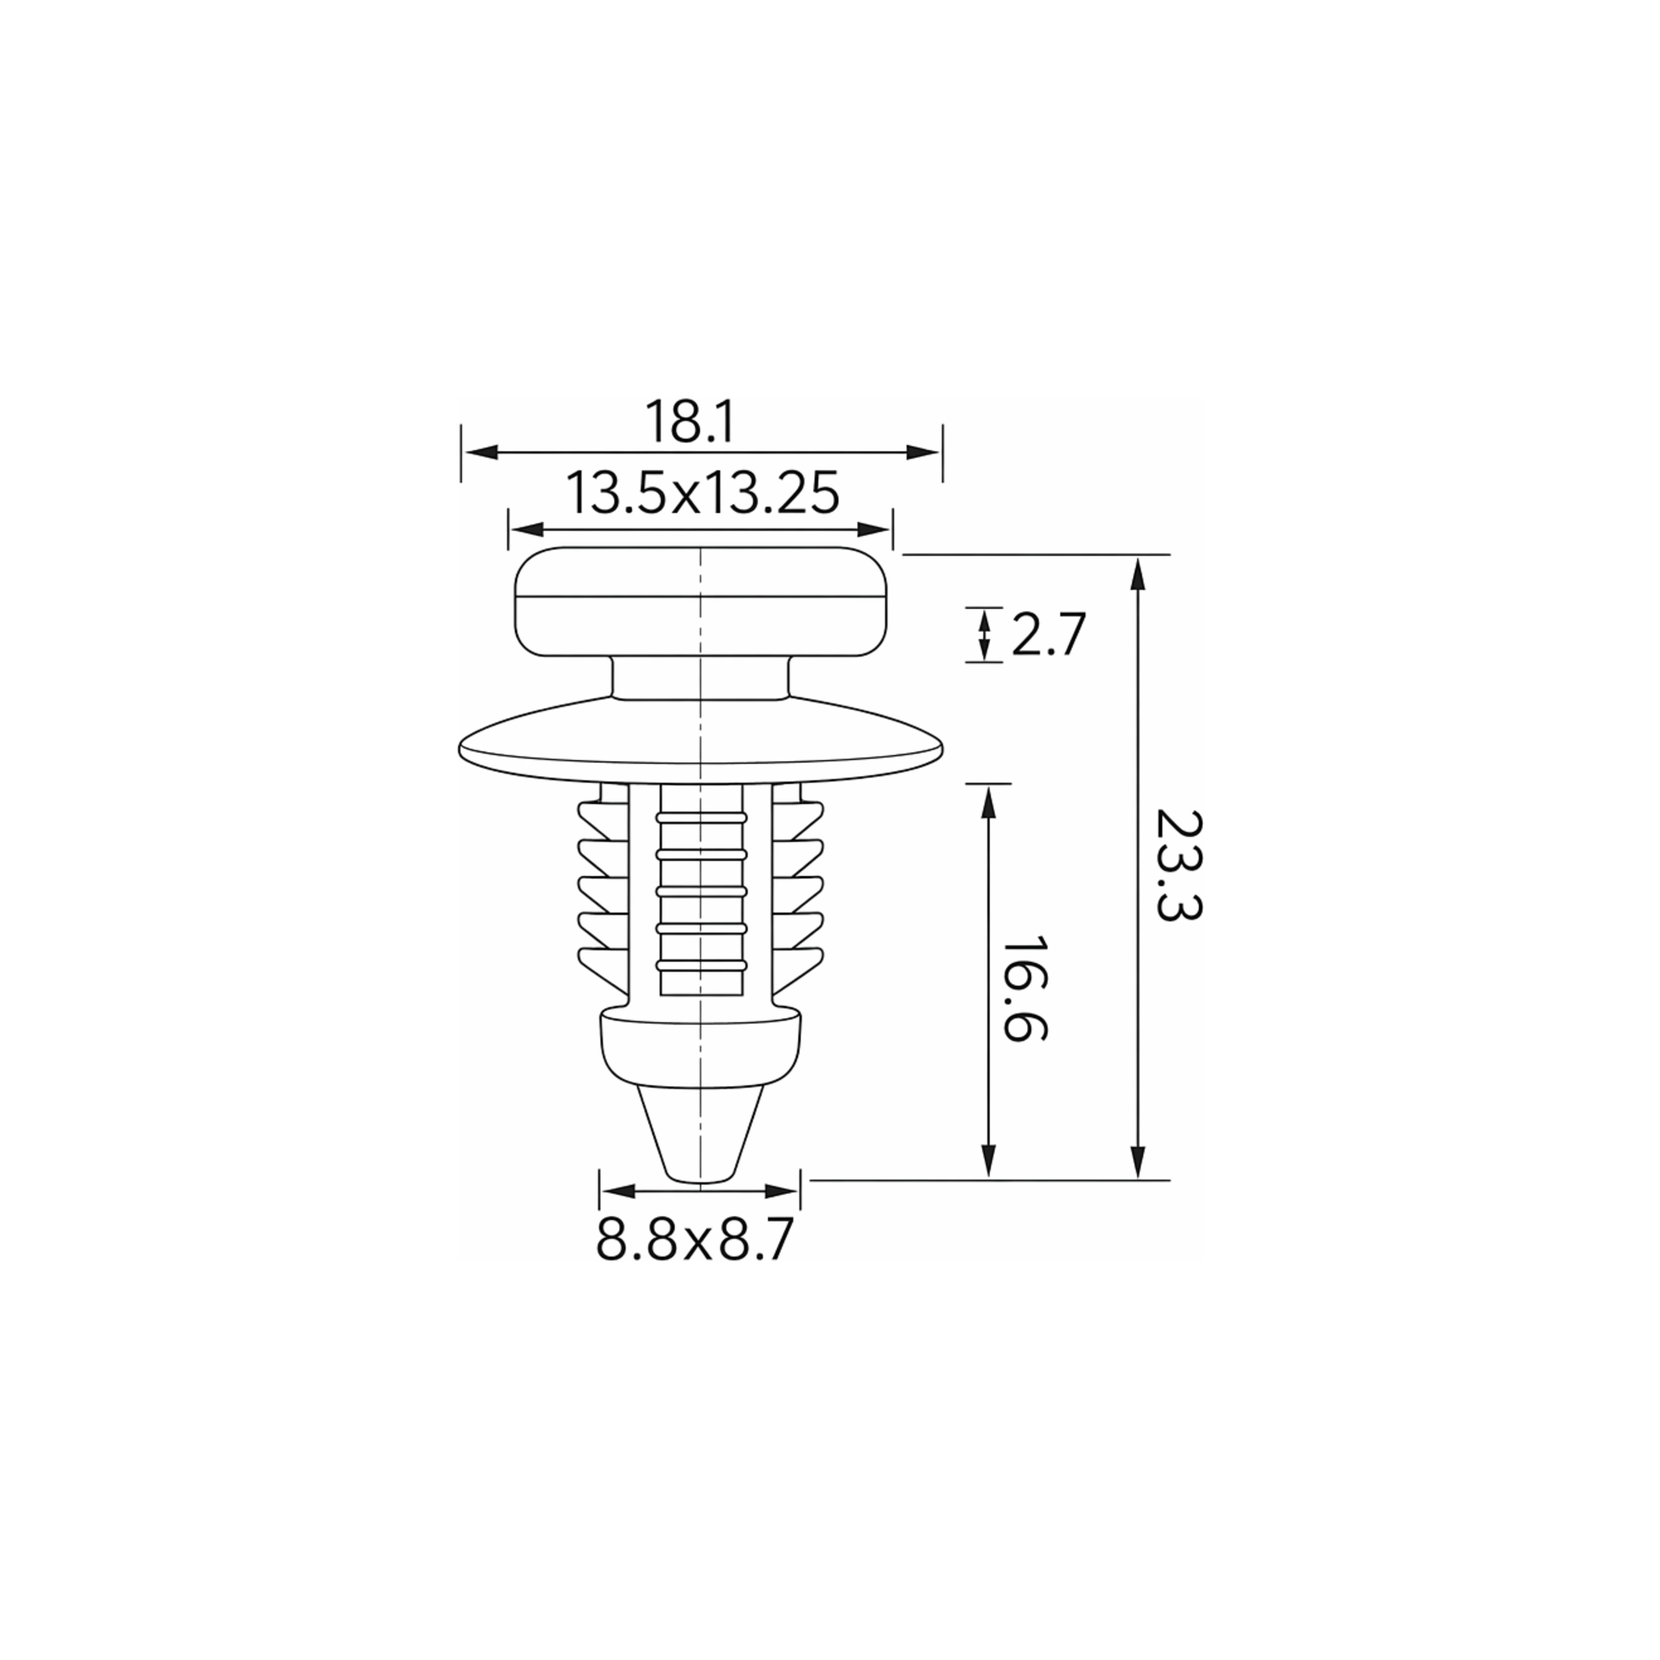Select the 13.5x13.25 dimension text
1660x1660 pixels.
(x=702, y=493)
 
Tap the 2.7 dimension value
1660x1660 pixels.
(x=1048, y=635)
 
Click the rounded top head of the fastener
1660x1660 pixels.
(x=701, y=602)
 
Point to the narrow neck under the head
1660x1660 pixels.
(x=699, y=679)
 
